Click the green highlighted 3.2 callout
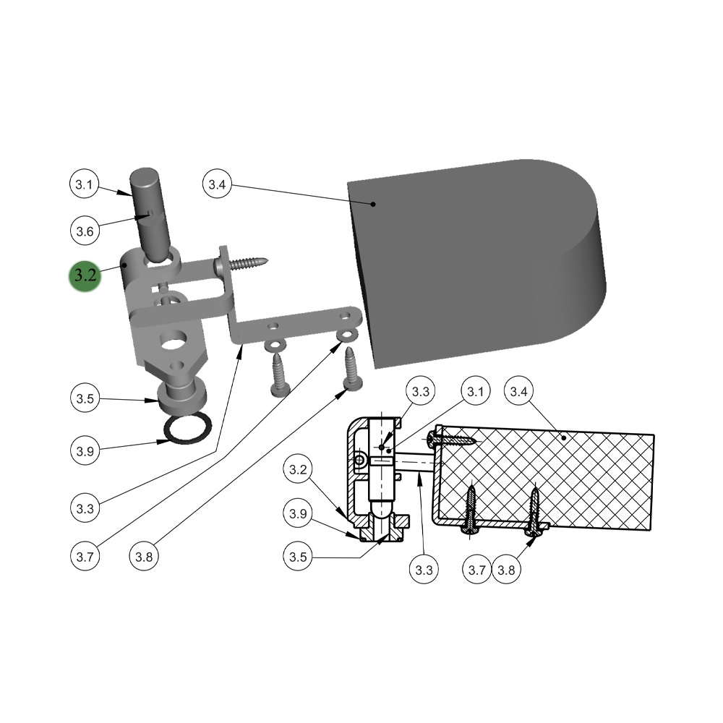(84, 275)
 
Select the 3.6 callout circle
(85, 232)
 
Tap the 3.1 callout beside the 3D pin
(85, 185)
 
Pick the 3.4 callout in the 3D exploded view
(217, 184)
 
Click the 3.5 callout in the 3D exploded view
(85, 398)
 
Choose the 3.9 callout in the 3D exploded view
(85, 452)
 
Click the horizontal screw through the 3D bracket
(243, 262)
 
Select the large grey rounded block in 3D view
(477, 260)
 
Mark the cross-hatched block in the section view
(549, 477)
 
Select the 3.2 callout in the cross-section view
(299, 471)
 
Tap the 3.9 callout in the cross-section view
(299, 514)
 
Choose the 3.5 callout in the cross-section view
(299, 557)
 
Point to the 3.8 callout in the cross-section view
(507, 570)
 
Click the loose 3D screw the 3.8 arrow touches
(352, 369)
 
